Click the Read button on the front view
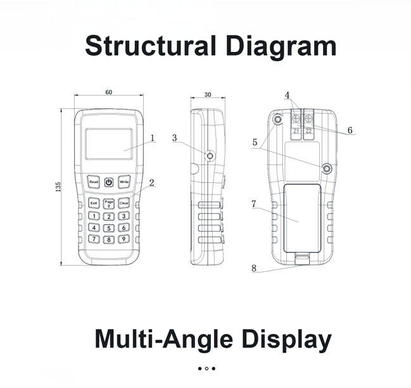(94, 182)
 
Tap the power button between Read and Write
(109, 182)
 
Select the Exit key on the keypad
(94, 203)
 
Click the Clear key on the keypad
(124, 203)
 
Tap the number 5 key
(109, 227)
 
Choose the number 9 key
(124, 239)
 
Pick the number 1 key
(94, 216)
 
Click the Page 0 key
(109, 203)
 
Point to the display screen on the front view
(109, 144)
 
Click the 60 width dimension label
(109, 92)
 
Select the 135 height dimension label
(58, 187)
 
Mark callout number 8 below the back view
(254, 268)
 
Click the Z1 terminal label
(296, 131)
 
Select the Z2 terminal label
(308, 131)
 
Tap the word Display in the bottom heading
(285, 339)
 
